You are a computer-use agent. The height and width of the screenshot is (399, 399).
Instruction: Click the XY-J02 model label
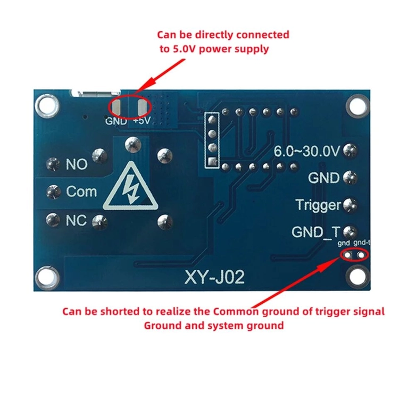coord(214,277)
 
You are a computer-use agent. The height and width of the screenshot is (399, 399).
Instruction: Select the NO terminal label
coord(77,164)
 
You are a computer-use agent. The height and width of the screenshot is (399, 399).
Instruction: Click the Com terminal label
coord(81,192)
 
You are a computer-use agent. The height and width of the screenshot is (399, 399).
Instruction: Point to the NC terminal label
coord(76,220)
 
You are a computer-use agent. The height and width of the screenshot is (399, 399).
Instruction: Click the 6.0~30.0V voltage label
coord(306,151)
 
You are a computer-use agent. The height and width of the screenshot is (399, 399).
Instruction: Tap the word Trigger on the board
coord(318,205)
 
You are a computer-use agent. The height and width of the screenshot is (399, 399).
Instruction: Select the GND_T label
coord(316,232)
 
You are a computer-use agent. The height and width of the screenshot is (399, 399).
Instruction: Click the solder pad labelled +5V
coord(142,107)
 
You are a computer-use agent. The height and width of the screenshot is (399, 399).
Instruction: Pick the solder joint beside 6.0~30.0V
coord(350,151)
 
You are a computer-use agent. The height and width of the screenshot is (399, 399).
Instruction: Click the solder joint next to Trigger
coord(350,205)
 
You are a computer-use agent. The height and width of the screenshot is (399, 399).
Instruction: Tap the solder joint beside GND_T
coord(350,231)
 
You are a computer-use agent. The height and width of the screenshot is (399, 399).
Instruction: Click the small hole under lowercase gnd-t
coord(361,255)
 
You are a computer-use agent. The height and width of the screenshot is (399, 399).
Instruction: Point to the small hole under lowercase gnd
coord(347,255)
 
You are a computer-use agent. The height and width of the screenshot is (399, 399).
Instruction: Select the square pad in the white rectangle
coord(212,161)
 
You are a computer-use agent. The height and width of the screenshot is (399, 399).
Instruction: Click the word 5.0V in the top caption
coord(184,49)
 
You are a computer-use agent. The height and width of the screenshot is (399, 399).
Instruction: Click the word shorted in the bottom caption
coord(117,311)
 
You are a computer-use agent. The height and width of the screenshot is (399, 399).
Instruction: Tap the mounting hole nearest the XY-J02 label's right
coord(357,277)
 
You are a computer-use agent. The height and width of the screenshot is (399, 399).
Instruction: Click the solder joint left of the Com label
coord(53,192)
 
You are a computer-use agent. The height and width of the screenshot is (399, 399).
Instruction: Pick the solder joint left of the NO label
coord(53,164)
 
